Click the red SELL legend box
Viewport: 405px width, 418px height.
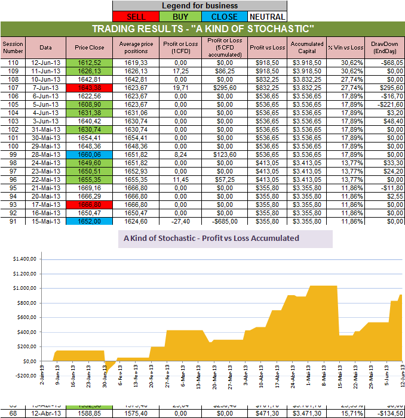136,17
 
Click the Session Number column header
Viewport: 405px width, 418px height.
13,47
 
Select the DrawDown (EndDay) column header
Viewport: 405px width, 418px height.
384,47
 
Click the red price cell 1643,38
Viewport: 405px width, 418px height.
89,87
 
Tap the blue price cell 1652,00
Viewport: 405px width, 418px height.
89,221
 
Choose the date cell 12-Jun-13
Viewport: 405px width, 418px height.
46,62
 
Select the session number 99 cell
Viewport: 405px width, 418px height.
13,154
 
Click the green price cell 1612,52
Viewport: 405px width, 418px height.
89,62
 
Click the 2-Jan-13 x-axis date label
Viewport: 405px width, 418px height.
42,376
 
